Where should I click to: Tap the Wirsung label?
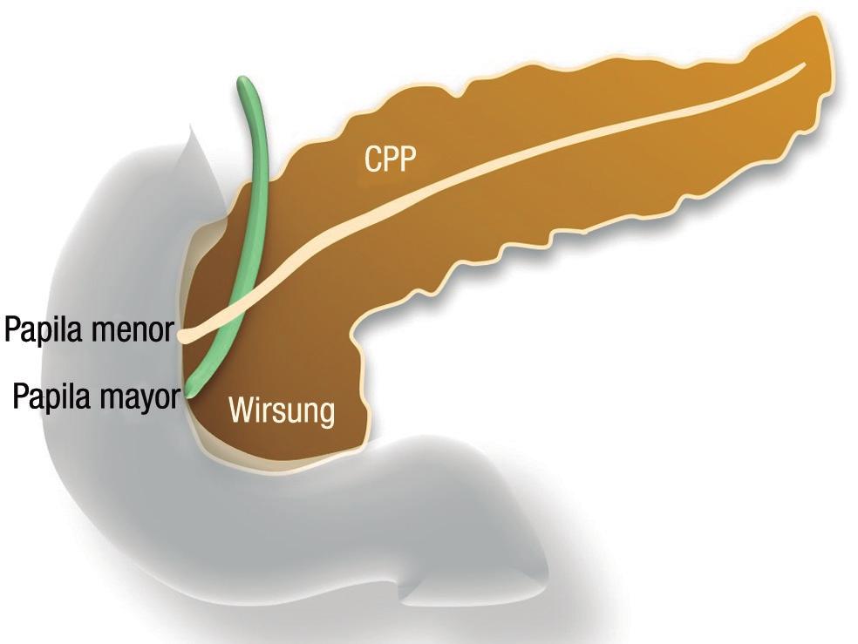pyautogui.click(x=282, y=410)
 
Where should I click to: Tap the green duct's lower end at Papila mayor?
pyautogui.click(x=191, y=390)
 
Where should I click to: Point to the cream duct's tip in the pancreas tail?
pyautogui.click(x=802, y=68)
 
